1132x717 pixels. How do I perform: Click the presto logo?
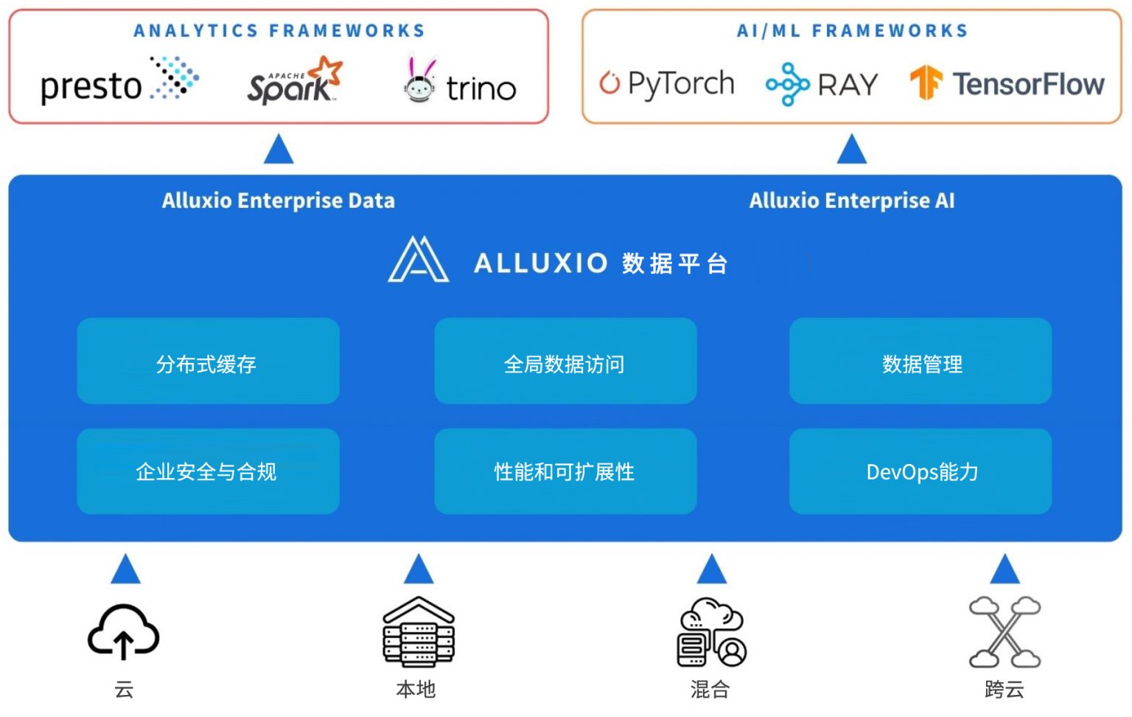[118, 82]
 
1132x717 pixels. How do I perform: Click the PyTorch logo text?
[681, 83]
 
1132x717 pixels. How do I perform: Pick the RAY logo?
[822, 84]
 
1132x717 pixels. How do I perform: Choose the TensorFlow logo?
[1007, 83]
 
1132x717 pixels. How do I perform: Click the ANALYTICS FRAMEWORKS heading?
[279, 31]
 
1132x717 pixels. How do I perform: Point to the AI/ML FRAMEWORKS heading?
[852, 31]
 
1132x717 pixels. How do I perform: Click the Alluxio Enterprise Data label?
[278, 201]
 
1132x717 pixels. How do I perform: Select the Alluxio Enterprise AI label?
[851, 201]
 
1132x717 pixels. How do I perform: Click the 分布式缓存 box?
[208, 361]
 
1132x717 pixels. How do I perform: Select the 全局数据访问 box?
[565, 361]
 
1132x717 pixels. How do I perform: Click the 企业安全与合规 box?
[208, 471]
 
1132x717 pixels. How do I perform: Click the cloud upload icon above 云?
[124, 632]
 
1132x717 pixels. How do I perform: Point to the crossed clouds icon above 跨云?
[1004, 631]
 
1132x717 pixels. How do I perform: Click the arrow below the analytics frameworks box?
[279, 150]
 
